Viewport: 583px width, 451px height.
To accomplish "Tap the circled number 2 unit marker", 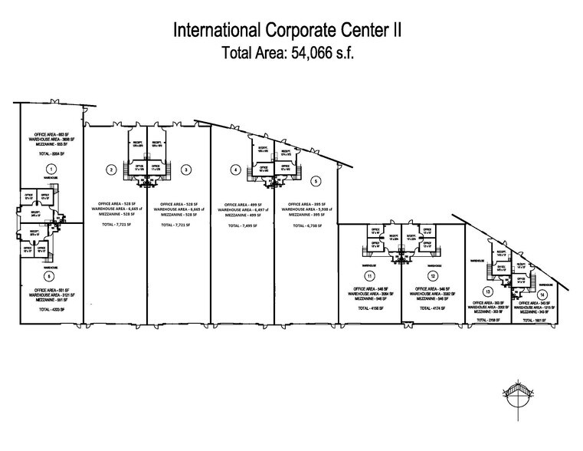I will [112, 170].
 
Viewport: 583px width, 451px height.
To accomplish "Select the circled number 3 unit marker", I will [187, 170].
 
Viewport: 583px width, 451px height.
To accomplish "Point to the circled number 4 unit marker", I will [236, 170].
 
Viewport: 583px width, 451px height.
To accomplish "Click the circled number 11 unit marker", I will [369, 275].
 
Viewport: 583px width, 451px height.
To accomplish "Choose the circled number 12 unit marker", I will [433, 275].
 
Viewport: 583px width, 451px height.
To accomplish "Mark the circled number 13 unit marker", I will [487, 291].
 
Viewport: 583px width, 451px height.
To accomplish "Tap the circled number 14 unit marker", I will [542, 295].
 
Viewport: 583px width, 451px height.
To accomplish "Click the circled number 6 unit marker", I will [50, 275].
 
